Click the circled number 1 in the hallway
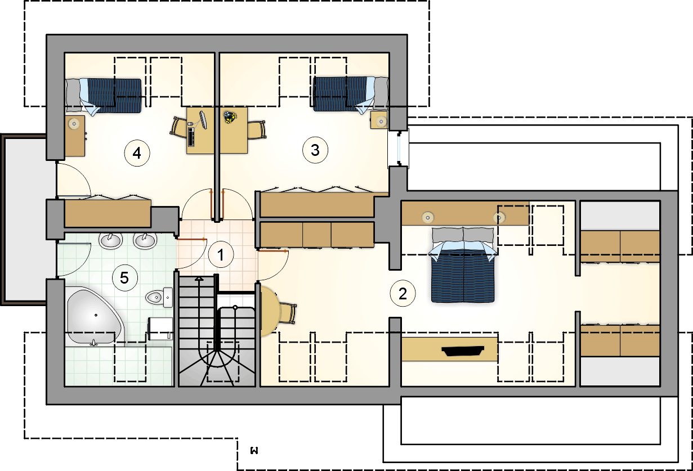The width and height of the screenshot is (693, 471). (x=221, y=255)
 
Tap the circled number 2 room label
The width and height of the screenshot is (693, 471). (x=403, y=293)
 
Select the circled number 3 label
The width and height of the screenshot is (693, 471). (x=315, y=150)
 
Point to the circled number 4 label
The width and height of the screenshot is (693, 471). (x=137, y=153)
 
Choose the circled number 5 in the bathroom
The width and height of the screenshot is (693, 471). (x=124, y=278)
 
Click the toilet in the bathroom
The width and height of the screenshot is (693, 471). (x=159, y=298)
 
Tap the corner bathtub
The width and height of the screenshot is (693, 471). (x=94, y=316)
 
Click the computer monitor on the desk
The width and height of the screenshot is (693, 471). (x=203, y=120)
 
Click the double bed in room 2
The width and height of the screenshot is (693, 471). (x=463, y=264)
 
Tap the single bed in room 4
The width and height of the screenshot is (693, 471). (x=104, y=95)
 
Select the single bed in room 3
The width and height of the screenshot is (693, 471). (x=351, y=95)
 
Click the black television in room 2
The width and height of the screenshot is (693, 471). (x=463, y=351)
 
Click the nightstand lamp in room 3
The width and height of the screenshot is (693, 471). (x=381, y=121)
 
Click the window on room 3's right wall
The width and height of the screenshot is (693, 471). (x=399, y=149)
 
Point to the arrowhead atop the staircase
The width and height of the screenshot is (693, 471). (x=199, y=279)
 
